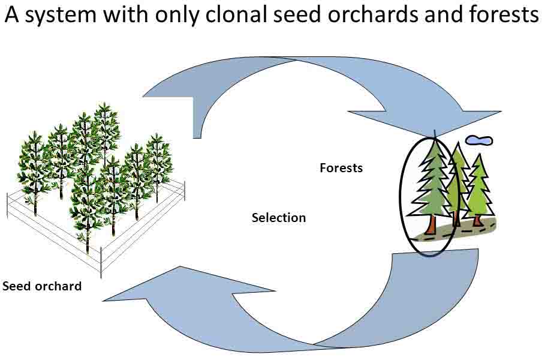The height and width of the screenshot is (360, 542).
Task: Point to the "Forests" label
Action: (x=341, y=168)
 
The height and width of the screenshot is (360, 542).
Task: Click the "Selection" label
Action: (x=279, y=218)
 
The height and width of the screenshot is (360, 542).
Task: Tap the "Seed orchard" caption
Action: (x=42, y=286)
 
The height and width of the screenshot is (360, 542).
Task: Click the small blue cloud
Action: (x=479, y=140)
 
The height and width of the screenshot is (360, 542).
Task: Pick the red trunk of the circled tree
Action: (x=431, y=225)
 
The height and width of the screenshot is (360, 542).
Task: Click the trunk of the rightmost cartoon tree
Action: (x=478, y=220)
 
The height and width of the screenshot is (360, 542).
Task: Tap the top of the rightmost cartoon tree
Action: (x=479, y=154)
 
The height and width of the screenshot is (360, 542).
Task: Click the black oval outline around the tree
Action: (x=401, y=197)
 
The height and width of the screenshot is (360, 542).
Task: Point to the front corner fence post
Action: (x=101, y=262)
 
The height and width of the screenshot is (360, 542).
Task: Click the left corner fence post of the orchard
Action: (x=7, y=206)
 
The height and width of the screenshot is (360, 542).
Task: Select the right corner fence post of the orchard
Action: (x=185, y=191)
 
